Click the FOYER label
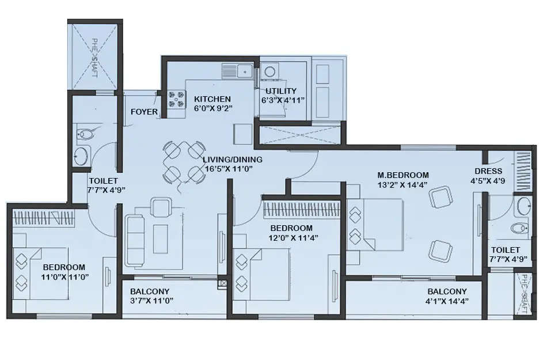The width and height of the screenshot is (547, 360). tap(144, 112)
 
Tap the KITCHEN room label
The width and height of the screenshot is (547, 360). tap(212, 99)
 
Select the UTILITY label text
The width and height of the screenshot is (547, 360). tap(281, 91)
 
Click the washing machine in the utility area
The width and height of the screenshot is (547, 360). tap(269, 73)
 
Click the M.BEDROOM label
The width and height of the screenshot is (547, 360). tap(403, 175)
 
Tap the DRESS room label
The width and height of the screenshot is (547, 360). tap(488, 171)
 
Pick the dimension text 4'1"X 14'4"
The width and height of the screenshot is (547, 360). tap(447, 301)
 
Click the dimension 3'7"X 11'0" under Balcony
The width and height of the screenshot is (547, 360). tap(151, 301)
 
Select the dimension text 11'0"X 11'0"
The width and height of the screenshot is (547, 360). tap(64, 276)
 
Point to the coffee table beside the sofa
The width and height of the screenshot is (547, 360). tap(161, 238)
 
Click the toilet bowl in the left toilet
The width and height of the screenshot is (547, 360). tap(85, 134)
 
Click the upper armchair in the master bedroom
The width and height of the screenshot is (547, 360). tap(440, 197)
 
